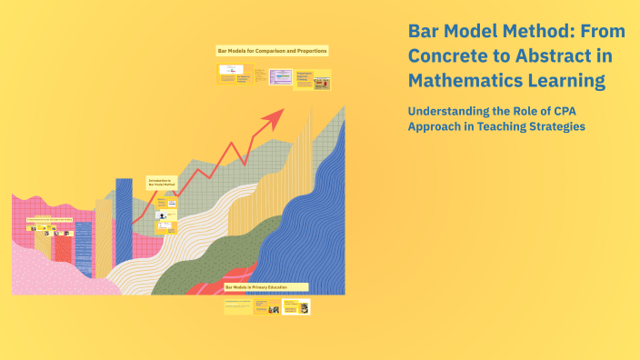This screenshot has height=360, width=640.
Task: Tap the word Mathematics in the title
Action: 463,81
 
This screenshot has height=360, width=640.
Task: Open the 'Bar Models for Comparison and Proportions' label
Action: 272,51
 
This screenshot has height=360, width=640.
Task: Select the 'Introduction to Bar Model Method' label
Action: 162,183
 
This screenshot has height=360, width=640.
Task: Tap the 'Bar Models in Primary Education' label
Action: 265,287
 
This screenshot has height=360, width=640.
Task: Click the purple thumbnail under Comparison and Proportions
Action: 285,78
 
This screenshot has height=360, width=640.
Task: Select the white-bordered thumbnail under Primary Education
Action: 295,307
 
